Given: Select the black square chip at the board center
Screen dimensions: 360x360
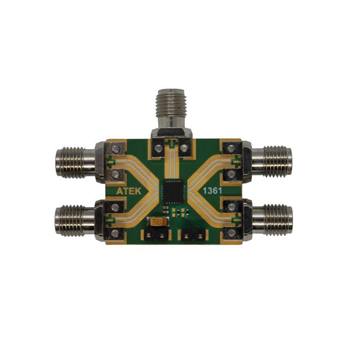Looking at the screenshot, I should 171,192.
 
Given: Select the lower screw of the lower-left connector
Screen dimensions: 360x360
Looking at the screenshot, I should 115,232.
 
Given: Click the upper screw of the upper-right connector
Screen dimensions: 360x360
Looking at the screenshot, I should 230,149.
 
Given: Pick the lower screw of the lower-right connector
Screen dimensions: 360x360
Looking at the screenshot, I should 230,232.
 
